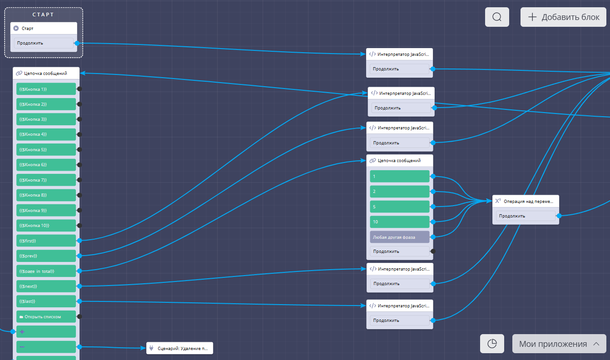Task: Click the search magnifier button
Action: click(497, 17)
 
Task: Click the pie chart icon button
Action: click(492, 344)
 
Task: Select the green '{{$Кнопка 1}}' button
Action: click(46, 89)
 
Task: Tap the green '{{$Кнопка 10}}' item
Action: click(46, 226)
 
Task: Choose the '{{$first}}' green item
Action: click(46, 241)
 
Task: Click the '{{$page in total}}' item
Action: click(46, 271)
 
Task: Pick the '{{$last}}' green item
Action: click(46, 301)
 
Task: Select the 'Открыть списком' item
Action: click(46, 316)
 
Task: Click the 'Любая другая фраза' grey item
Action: click(400, 237)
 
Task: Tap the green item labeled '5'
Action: click(400, 207)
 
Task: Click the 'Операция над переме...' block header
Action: click(526, 201)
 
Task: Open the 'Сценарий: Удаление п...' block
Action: click(179, 349)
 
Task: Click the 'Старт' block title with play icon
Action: click(44, 29)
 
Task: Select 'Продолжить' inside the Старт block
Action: click(43, 44)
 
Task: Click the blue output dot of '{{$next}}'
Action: click(79, 286)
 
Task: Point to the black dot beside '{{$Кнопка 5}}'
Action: click(79, 149)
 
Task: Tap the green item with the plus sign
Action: click(46, 332)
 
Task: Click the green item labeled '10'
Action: click(400, 222)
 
